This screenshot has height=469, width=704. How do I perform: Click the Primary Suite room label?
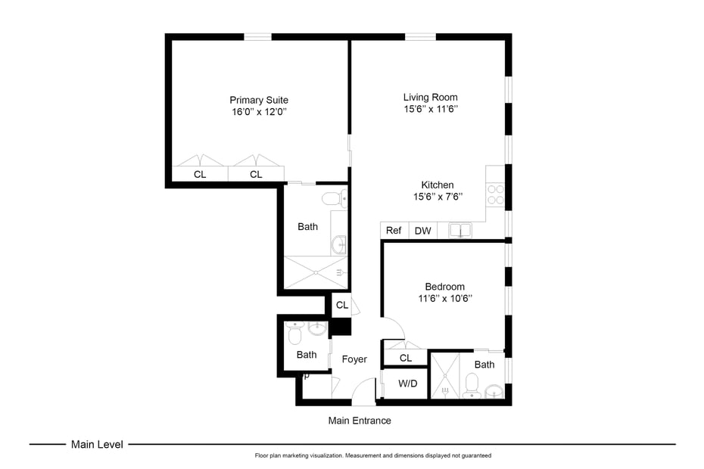259,100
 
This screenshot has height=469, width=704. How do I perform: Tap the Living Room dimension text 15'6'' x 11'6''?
430,109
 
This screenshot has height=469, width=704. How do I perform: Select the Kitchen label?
438,185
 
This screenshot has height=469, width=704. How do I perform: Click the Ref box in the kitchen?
394,231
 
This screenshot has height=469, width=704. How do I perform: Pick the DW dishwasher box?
422,231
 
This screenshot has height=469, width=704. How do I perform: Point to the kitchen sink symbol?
459,230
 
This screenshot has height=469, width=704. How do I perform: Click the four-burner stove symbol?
495,195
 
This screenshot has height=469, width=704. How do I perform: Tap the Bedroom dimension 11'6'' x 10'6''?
445,298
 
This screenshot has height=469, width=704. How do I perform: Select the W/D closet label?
407,384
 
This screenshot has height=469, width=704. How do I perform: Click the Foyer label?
354,359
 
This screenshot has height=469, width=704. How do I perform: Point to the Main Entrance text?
360,421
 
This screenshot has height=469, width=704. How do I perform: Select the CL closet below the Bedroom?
406,358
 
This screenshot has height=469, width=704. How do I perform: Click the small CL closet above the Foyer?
341,306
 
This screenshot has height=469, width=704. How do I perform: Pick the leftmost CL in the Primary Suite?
200,175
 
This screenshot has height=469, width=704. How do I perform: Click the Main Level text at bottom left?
97,445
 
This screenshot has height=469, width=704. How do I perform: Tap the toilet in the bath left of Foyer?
295,334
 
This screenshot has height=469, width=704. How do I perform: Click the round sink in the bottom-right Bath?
494,392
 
